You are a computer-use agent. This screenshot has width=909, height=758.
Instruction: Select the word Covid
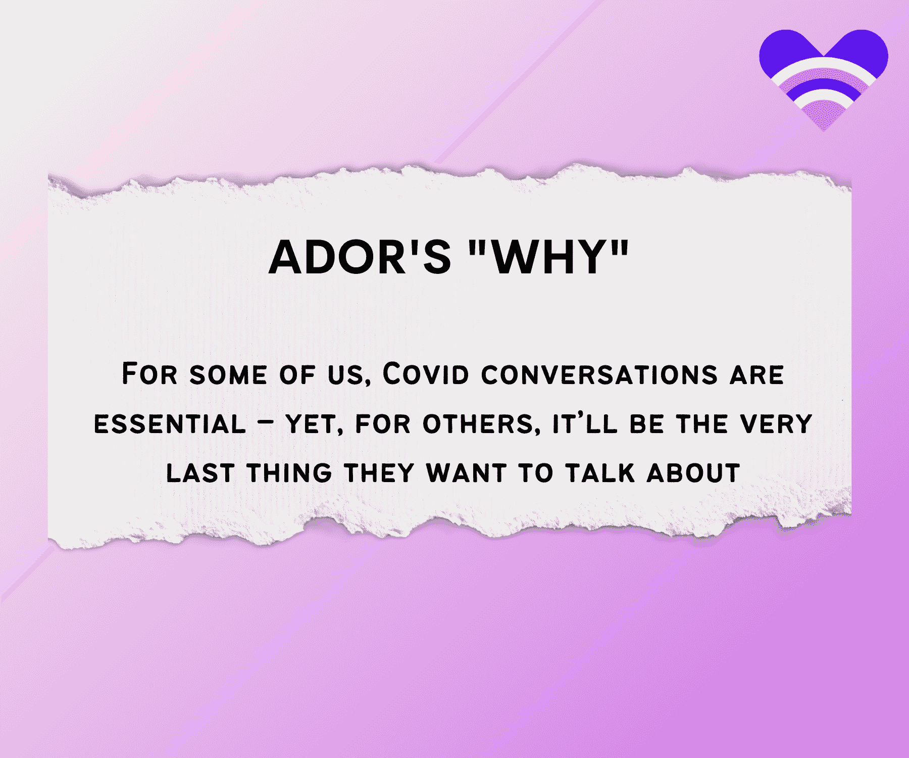426,374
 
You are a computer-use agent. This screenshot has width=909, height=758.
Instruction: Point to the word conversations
599,374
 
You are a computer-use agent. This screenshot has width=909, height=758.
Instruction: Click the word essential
170,423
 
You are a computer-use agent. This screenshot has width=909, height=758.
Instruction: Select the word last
199,473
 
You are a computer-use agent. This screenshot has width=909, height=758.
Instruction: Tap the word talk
599,473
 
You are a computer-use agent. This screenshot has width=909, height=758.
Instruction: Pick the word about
693,473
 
